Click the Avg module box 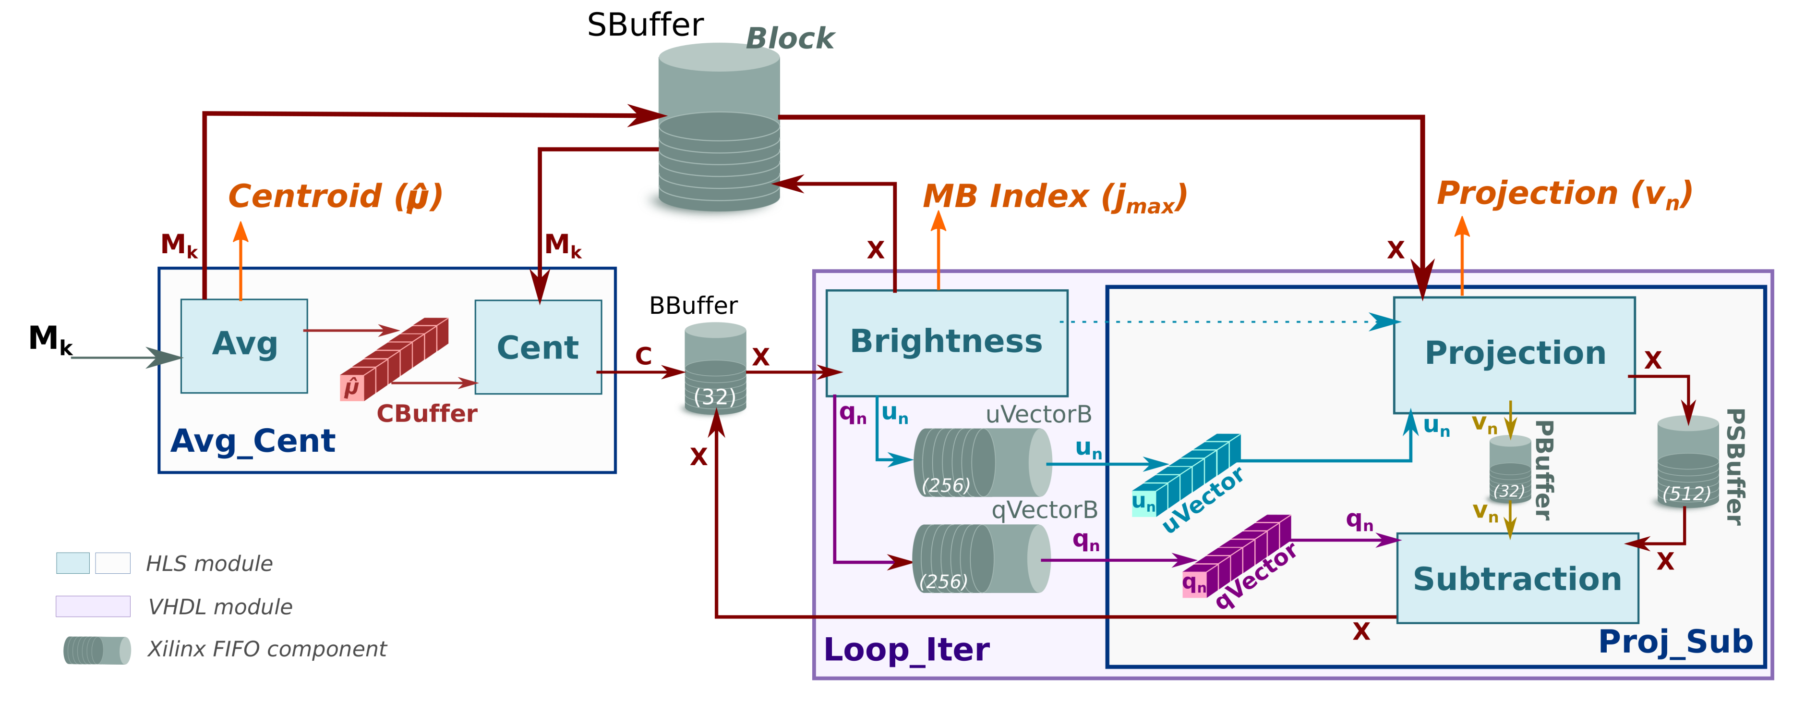point(244,346)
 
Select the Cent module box point(538,347)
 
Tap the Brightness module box point(946,342)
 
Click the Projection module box point(1514,354)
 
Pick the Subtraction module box point(1517,579)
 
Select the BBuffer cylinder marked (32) point(715,368)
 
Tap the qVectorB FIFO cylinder point(981,559)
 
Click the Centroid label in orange point(335,197)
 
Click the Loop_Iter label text point(906,649)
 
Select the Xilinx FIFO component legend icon point(96,650)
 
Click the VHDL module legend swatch point(93,606)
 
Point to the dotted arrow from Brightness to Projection point(1226,322)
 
